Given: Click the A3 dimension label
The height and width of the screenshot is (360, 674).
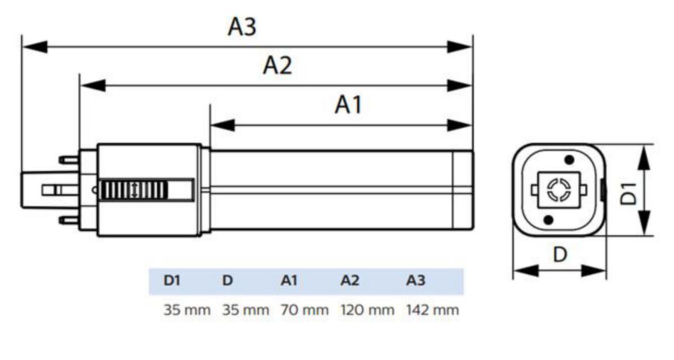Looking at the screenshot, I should [242, 26].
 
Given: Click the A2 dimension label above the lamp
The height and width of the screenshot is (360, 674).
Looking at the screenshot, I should [277, 66].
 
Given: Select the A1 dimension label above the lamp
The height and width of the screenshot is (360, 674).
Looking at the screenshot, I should [348, 105].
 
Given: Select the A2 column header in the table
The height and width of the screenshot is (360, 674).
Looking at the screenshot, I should [349, 281].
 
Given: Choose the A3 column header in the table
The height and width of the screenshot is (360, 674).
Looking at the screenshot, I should [416, 281].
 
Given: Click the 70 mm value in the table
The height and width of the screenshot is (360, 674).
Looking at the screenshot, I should [297, 309].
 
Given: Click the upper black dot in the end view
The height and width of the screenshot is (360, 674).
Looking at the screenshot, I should [570, 160].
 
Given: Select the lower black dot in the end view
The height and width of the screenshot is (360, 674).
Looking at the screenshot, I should [549, 219].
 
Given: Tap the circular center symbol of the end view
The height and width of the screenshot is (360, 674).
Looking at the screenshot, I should [559, 189].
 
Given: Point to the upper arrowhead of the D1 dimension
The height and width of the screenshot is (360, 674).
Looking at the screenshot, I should [644, 158].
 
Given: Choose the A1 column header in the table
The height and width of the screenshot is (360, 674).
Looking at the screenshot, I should [289, 281].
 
